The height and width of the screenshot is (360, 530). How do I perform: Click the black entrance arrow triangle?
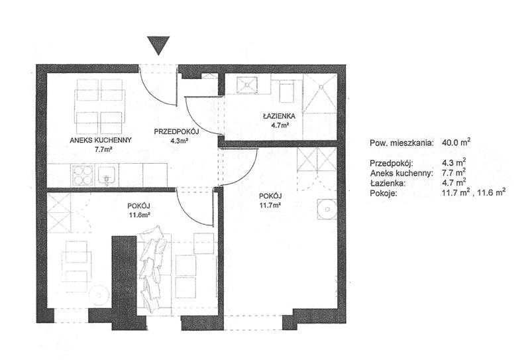point(158,44)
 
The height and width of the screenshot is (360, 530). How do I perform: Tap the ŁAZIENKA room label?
point(279,116)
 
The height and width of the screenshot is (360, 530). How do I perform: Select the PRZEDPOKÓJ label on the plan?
point(176,132)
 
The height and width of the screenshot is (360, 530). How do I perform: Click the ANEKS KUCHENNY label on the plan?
point(101,140)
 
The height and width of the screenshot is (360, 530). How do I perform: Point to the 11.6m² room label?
point(139,215)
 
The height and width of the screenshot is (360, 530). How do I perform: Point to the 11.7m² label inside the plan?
point(270,204)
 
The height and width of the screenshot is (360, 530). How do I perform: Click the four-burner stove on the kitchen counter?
point(82,175)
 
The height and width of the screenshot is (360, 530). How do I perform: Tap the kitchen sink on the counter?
point(107,176)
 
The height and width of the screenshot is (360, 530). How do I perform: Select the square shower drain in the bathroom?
point(247,85)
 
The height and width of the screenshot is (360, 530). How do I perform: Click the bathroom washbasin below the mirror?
point(288,91)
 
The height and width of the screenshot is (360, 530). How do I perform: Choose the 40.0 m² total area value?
point(456,142)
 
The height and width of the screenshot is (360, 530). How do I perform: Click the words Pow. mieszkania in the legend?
point(401,143)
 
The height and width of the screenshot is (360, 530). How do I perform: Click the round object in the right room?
point(327,210)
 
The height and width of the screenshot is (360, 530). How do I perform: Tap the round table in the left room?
point(99,296)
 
